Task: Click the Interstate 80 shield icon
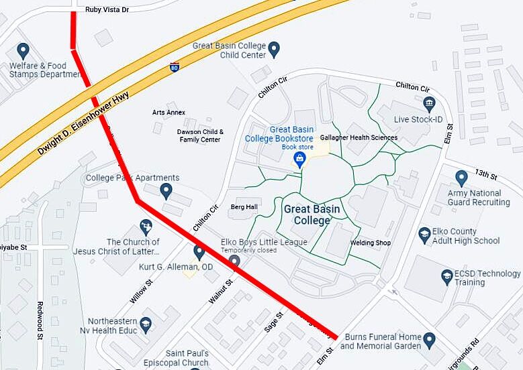[x=175, y=67]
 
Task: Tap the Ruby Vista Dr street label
[x=107, y=10]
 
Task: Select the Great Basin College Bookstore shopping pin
[x=300, y=159]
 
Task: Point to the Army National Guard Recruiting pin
[x=461, y=178]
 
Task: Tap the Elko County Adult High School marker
[x=424, y=235]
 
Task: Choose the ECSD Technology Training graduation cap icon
[x=447, y=276]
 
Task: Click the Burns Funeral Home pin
[x=430, y=339]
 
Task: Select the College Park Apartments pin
[x=167, y=192]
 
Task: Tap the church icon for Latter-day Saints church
[x=146, y=227]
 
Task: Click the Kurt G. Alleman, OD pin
[x=199, y=252]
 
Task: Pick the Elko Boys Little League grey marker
[x=234, y=260]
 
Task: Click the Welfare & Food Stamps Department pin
[x=23, y=50]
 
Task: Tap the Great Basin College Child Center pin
[x=274, y=48]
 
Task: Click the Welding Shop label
[x=370, y=243]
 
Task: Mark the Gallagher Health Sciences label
[x=359, y=137]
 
